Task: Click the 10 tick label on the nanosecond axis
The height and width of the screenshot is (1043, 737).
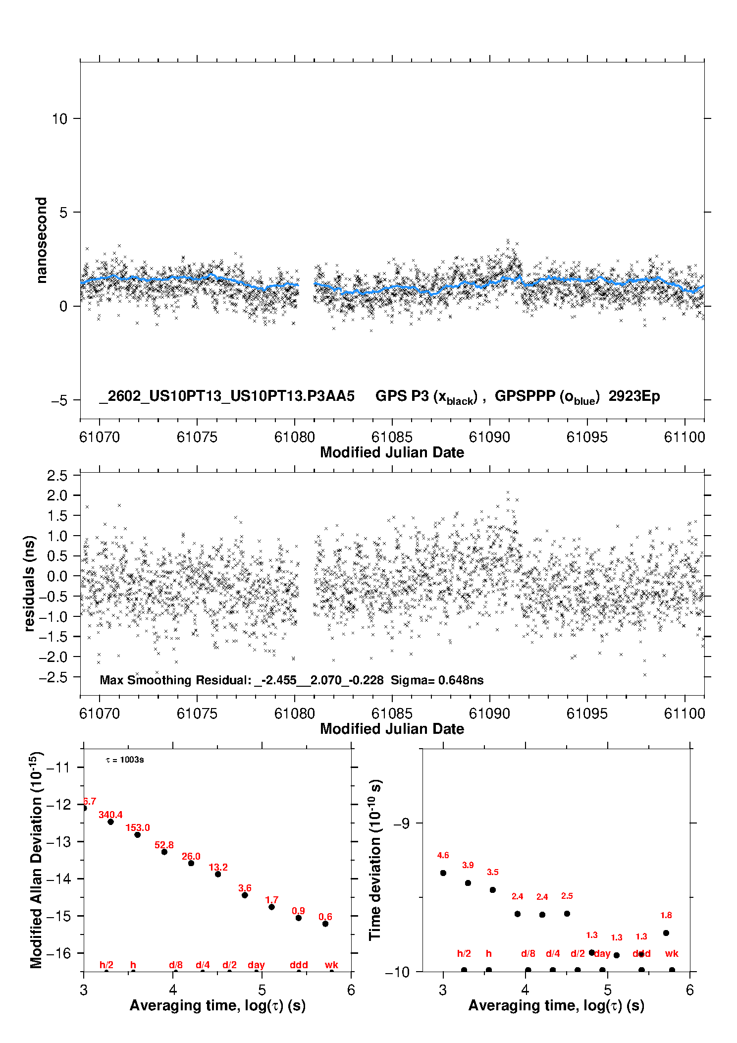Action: click(x=59, y=119)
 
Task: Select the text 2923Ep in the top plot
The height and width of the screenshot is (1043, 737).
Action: click(x=634, y=396)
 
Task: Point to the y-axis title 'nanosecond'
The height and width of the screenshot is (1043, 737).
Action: click(x=41, y=240)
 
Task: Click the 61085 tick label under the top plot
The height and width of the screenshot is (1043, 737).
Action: click(x=392, y=437)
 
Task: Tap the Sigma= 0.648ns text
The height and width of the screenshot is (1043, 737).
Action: click(x=437, y=680)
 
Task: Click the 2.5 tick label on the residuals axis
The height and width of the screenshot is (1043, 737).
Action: click(x=57, y=476)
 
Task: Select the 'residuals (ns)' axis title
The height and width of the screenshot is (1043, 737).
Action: click(x=30, y=583)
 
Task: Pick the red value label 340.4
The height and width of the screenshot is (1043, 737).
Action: click(x=110, y=815)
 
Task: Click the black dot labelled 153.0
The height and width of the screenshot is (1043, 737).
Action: click(x=138, y=835)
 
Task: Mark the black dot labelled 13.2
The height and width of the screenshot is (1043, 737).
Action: click(x=218, y=874)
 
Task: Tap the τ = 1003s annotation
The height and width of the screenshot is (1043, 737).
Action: click(x=125, y=760)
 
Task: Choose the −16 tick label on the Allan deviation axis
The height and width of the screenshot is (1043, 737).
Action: click(x=58, y=953)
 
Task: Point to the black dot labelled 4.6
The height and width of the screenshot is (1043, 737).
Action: click(x=443, y=873)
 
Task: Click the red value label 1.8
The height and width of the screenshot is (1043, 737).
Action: click(x=666, y=915)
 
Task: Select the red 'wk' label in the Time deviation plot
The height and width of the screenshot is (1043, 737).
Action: click(x=672, y=953)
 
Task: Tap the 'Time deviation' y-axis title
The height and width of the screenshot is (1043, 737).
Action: click(x=375, y=860)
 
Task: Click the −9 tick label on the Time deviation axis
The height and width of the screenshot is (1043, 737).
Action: click(x=401, y=823)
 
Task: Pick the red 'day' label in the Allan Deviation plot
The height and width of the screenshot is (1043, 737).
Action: click(x=256, y=965)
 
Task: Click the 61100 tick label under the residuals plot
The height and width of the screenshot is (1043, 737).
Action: click(x=684, y=714)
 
